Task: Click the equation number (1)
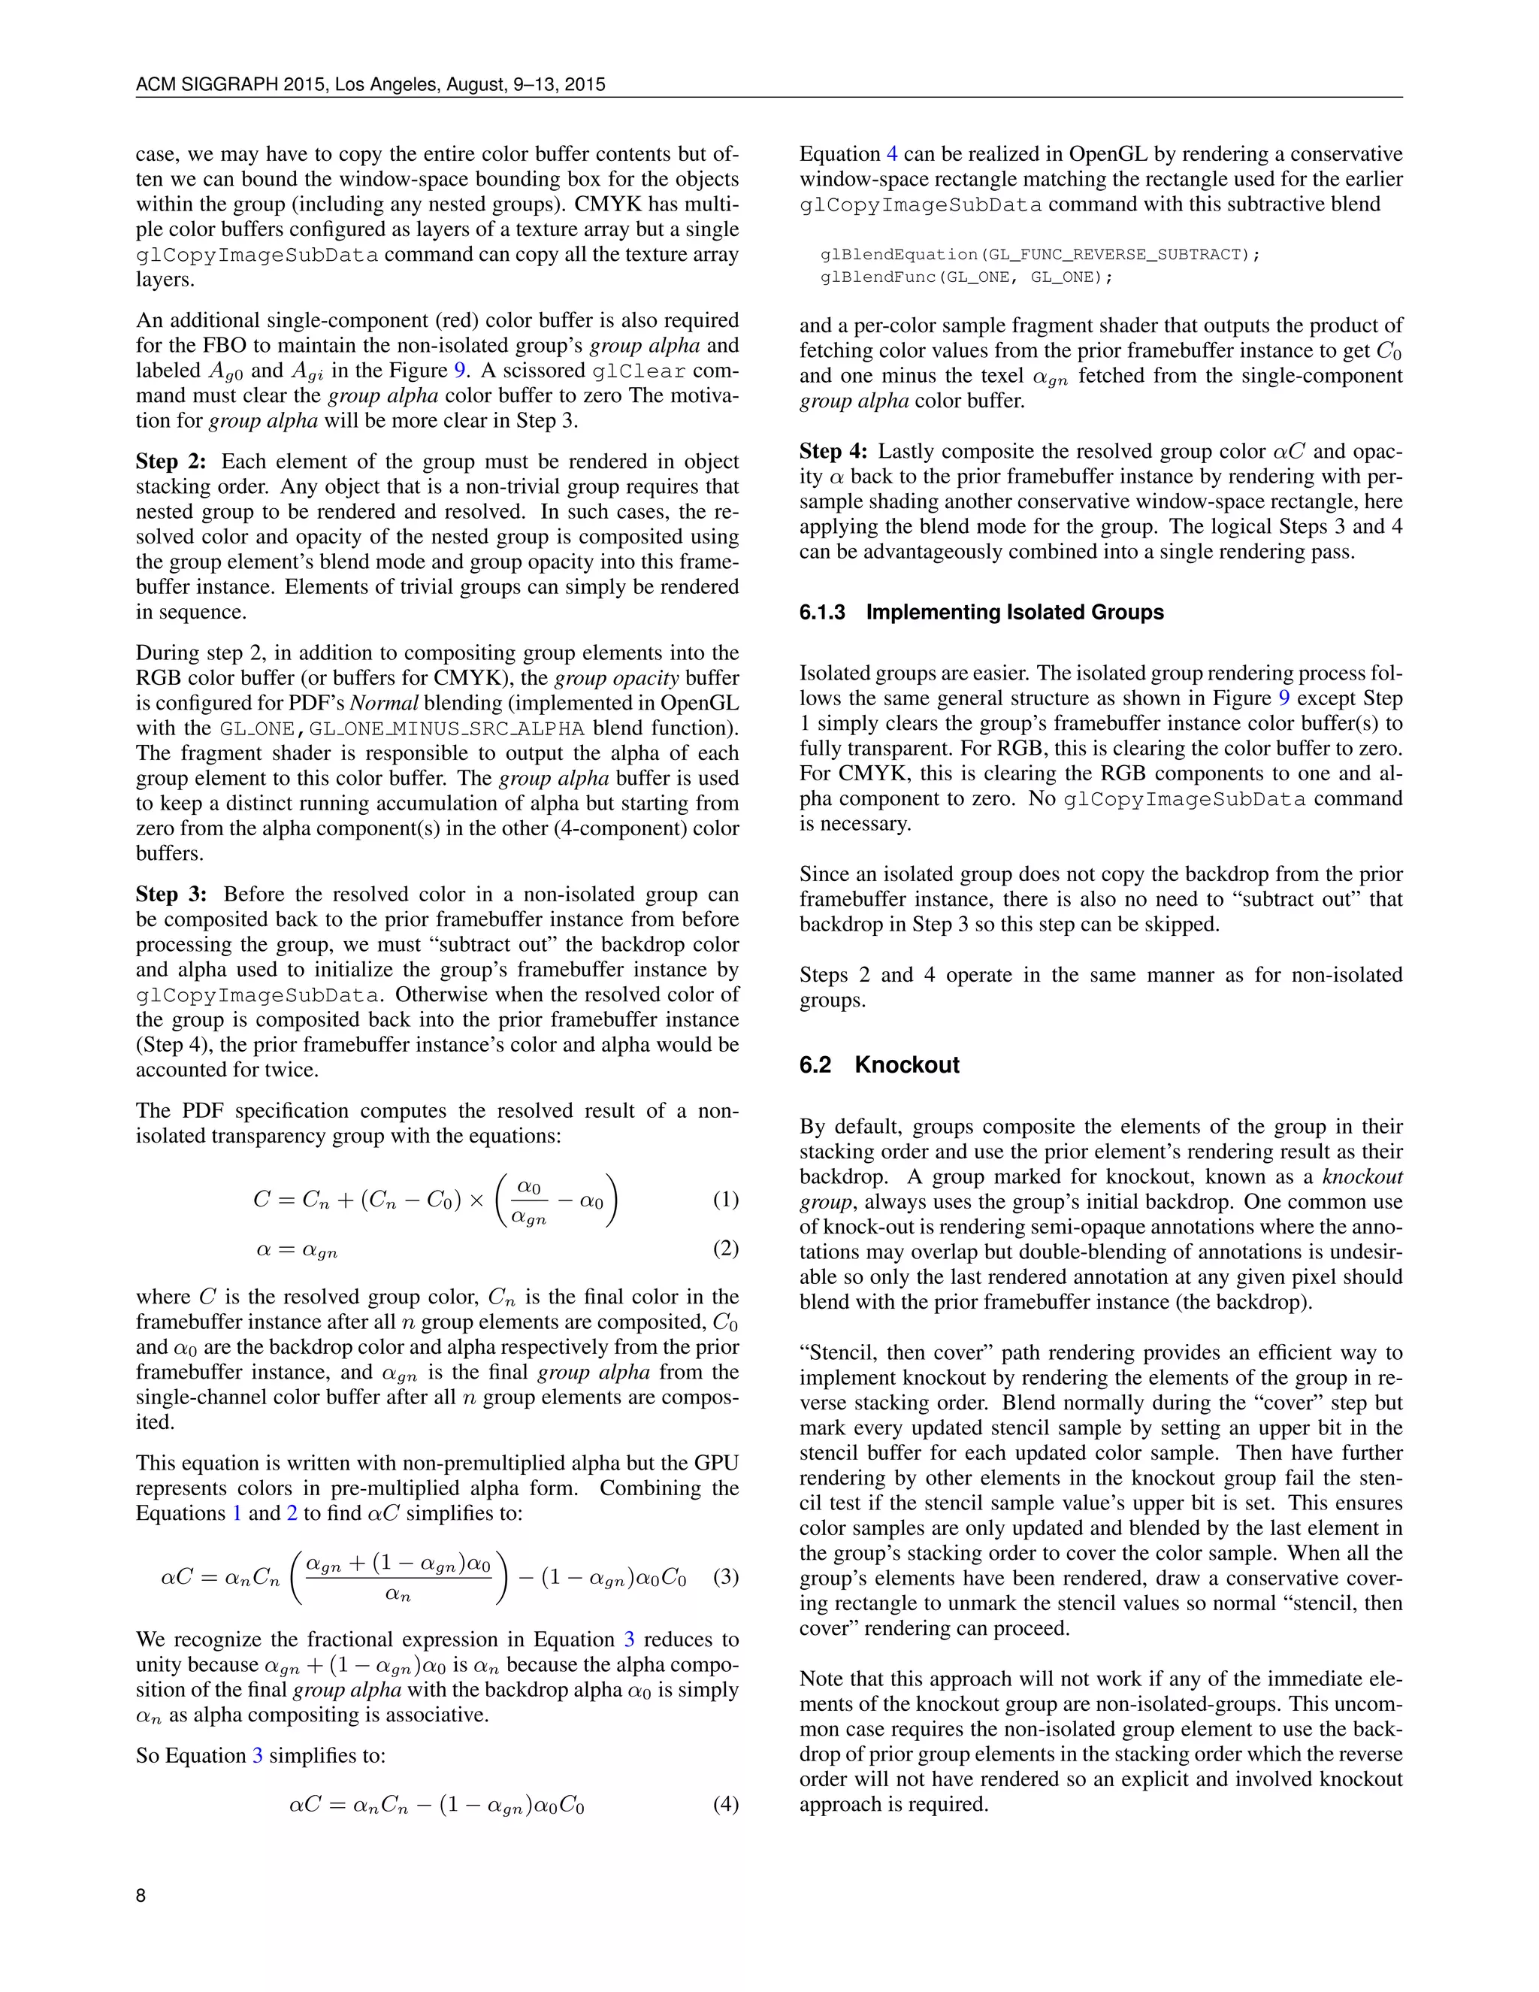725,1198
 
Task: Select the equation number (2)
725,1249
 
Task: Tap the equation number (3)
725,1576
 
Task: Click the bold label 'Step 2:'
171,462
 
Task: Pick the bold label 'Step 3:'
171,894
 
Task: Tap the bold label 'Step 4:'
834,452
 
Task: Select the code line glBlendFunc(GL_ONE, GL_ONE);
966,277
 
